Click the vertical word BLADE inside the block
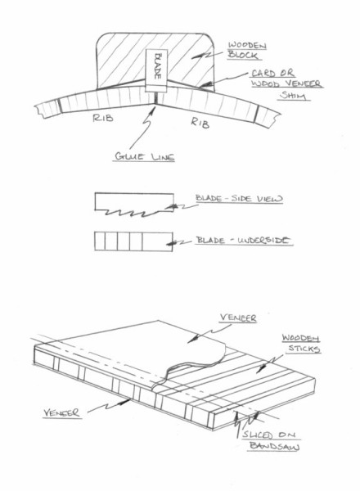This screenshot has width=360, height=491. tap(159, 66)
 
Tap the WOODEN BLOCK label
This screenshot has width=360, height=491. tap(247, 51)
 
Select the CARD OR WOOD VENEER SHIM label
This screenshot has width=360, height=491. tap(286, 84)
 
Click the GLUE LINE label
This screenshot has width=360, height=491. tap(144, 156)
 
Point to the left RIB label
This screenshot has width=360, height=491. tap(103, 118)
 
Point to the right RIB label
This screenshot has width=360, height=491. tap(200, 122)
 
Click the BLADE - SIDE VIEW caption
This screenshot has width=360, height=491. tap(239, 199)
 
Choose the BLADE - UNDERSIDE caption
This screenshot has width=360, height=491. tap(243, 240)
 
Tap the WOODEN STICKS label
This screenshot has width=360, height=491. tap(301, 344)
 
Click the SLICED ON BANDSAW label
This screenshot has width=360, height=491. tap(271, 440)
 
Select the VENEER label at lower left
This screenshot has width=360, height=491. tap(61, 412)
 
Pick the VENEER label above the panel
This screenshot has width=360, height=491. tap(238, 318)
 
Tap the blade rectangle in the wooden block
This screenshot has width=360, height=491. tap(156, 70)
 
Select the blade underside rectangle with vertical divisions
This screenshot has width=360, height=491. tap(133, 241)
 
